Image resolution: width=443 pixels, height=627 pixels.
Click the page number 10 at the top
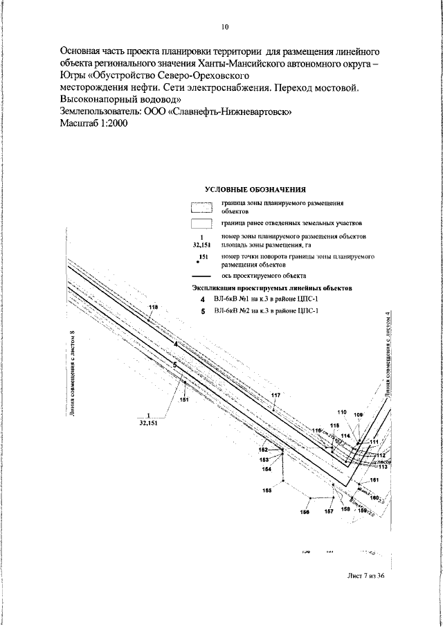(225, 27)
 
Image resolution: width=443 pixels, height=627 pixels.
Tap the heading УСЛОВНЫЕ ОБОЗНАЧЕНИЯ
(255, 189)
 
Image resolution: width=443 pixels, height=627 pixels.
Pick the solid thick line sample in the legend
(201, 275)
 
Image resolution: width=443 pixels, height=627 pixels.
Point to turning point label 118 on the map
(153, 307)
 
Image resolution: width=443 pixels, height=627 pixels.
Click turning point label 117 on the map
(275, 395)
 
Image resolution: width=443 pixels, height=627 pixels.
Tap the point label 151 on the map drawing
(184, 400)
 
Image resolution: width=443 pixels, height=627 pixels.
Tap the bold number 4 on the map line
(176, 344)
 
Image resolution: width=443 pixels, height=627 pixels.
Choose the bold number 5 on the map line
(175, 364)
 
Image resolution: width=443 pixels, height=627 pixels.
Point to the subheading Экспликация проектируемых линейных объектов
(271, 287)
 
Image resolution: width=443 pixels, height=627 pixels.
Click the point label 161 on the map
(374, 480)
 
